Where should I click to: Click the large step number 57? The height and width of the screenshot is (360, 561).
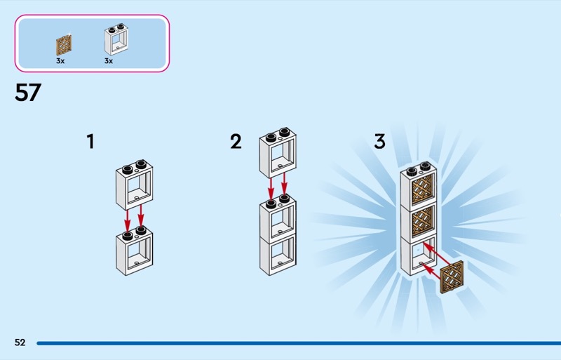pos(28,93)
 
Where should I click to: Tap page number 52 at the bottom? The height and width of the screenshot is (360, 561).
pos(20,342)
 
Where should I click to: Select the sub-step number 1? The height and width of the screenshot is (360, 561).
pos(90,142)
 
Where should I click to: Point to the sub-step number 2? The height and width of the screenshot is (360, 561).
pos(236,142)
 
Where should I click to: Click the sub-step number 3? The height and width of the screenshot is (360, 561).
pos(379,141)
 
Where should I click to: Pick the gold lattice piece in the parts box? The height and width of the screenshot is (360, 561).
pos(64,46)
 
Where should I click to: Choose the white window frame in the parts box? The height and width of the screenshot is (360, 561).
pos(116,39)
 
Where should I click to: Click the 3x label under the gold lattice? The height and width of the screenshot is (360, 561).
pos(60,61)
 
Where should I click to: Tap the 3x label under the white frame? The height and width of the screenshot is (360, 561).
pos(109,61)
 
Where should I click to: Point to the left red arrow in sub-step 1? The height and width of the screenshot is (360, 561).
pos(127,219)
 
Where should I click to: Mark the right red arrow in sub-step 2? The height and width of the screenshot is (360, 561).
pos(284,185)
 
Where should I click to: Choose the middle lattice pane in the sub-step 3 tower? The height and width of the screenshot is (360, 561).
pos(423,222)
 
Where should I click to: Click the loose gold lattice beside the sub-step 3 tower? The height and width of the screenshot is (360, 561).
pos(452,277)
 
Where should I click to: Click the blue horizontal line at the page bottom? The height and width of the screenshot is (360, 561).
pos(299,343)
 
